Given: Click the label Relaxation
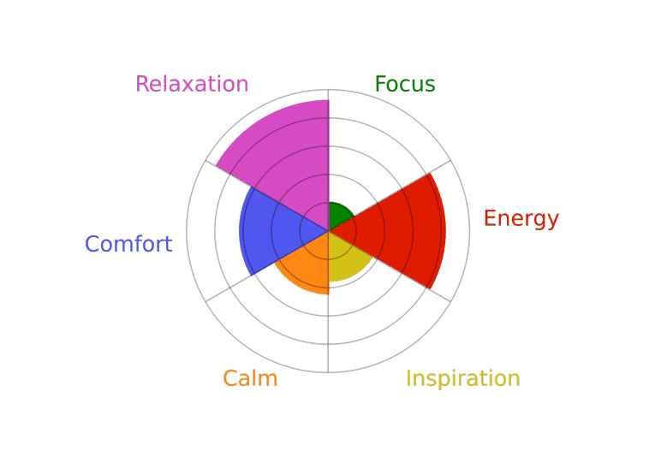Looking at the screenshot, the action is point(192,84).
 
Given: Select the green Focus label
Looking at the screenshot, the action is point(405,84).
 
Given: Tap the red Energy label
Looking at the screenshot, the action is point(521,219).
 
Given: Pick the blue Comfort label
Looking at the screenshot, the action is point(128,244).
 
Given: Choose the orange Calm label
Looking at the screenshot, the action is point(250,378).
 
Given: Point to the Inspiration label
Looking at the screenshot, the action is point(463,378).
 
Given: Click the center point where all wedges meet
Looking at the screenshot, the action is point(329,231).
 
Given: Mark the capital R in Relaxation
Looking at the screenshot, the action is point(142,84).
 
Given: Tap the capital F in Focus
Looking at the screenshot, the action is point(381,84).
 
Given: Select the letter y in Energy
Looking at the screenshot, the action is point(552,223).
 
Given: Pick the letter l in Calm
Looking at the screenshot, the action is point(253,378).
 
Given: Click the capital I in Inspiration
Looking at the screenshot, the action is point(408,378).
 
